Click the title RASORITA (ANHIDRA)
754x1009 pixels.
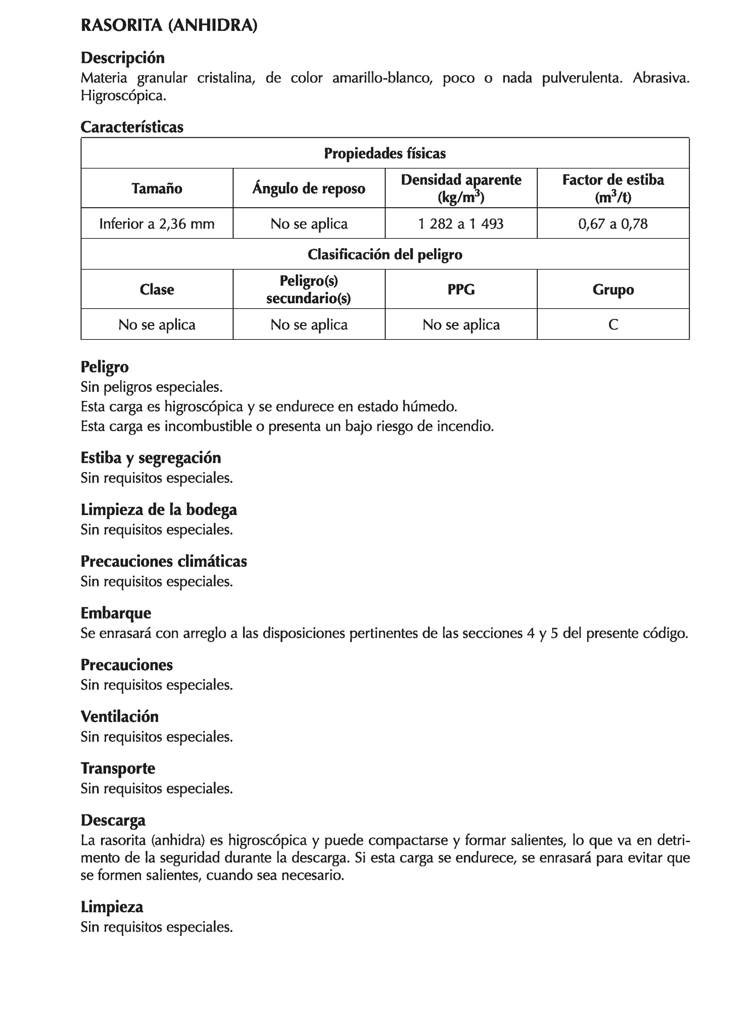pos(169,25)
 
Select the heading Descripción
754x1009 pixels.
pos(122,58)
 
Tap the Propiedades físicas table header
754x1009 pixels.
pos(384,153)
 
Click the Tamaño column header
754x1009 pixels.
pos(157,188)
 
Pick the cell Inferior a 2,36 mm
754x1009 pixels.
pos(157,224)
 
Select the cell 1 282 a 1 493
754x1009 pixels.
pos(461,224)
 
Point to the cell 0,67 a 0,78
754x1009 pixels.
pos(613,224)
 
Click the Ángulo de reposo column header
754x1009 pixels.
pos(309,188)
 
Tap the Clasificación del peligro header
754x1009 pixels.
pos(384,254)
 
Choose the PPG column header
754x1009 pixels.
pos(461,289)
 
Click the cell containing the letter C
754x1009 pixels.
pos(613,324)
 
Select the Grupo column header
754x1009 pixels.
pos(613,289)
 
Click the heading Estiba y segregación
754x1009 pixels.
pos(150,458)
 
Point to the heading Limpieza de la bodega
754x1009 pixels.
pos(158,510)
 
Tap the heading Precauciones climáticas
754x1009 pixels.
pos(163,561)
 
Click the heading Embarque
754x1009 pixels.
pos(116,612)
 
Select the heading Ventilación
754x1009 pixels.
pos(120,716)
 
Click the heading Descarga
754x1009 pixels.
pos(113,820)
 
